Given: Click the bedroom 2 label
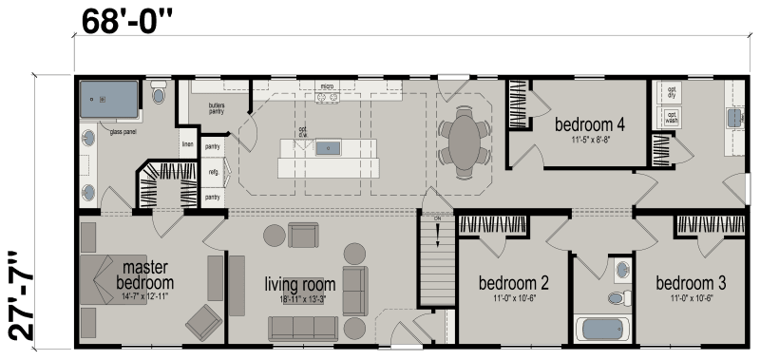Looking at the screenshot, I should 514,282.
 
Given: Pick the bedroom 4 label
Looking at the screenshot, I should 589,124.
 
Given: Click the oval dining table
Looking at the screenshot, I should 465,142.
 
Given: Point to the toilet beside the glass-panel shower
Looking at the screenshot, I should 159,95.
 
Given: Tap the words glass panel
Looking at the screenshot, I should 125,132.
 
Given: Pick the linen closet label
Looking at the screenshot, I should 187,145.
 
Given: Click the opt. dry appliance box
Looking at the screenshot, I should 671,94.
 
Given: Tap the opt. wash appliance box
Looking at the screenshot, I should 671,120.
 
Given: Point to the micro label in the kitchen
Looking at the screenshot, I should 326,85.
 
